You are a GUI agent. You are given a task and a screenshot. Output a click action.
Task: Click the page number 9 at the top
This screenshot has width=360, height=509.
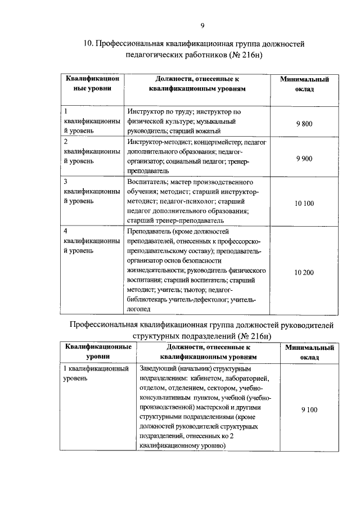point(202,25)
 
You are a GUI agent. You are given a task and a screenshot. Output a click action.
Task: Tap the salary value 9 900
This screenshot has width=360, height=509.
point(304,159)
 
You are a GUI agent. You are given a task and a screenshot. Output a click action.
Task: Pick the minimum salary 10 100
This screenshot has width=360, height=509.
point(304,203)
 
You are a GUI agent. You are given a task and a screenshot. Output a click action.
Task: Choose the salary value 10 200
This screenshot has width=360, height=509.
point(304,272)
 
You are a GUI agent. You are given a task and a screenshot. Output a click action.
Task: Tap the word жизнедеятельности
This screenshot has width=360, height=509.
point(156,270)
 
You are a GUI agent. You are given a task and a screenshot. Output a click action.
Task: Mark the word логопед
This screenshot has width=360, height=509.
point(139,309)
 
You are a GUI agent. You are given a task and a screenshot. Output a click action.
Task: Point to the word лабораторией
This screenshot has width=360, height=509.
point(247,379)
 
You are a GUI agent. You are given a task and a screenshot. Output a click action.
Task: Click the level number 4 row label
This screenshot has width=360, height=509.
point(66,231)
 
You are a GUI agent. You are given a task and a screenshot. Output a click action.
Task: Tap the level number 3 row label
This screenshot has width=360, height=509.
point(66,182)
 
